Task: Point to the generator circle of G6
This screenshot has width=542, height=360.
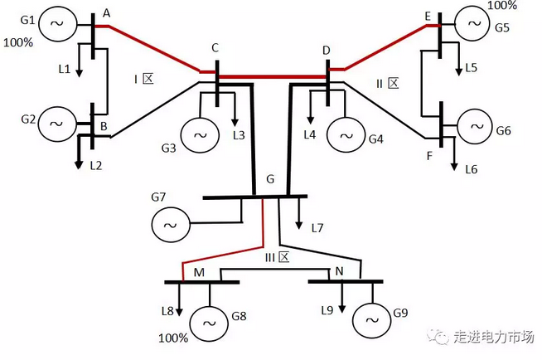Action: (x=476, y=126)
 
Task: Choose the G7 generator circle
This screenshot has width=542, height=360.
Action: (x=171, y=225)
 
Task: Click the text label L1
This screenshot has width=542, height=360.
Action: (x=65, y=69)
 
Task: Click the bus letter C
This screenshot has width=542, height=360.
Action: (x=215, y=48)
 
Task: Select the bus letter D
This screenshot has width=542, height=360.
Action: (x=327, y=51)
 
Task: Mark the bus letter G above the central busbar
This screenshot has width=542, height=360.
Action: (x=270, y=180)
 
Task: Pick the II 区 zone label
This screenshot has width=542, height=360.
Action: (x=388, y=83)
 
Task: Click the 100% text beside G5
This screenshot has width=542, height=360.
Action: (x=502, y=6)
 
